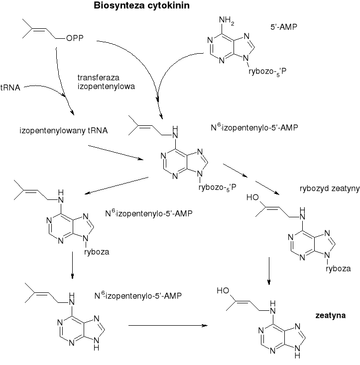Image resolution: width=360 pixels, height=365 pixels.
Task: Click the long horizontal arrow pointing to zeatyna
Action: click(x=168, y=326)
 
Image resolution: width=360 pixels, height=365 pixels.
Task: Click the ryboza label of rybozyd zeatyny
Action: click(x=339, y=269)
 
